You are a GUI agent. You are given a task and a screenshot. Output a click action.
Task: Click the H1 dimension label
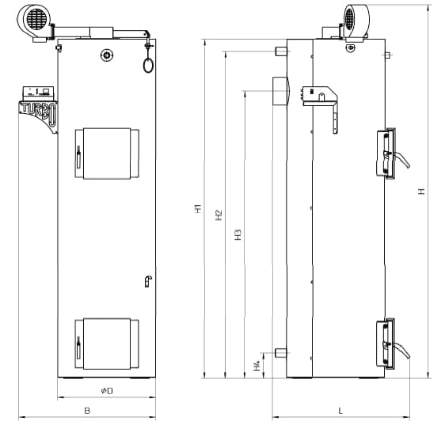click(x=198, y=208)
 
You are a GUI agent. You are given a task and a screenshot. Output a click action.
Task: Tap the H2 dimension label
click(x=219, y=215)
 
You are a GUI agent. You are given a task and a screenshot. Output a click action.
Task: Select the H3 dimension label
click(x=238, y=234)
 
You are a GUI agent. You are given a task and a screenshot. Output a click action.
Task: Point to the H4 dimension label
click(x=257, y=366)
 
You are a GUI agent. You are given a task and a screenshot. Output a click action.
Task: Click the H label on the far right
click(x=422, y=192)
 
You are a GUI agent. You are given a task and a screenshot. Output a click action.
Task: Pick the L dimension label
click(x=340, y=411)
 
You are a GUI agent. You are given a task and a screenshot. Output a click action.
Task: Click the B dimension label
click(x=87, y=411)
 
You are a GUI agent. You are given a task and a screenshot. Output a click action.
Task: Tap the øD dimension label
click(x=107, y=391)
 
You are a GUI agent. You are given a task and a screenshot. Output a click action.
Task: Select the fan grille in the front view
click(x=37, y=19)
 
